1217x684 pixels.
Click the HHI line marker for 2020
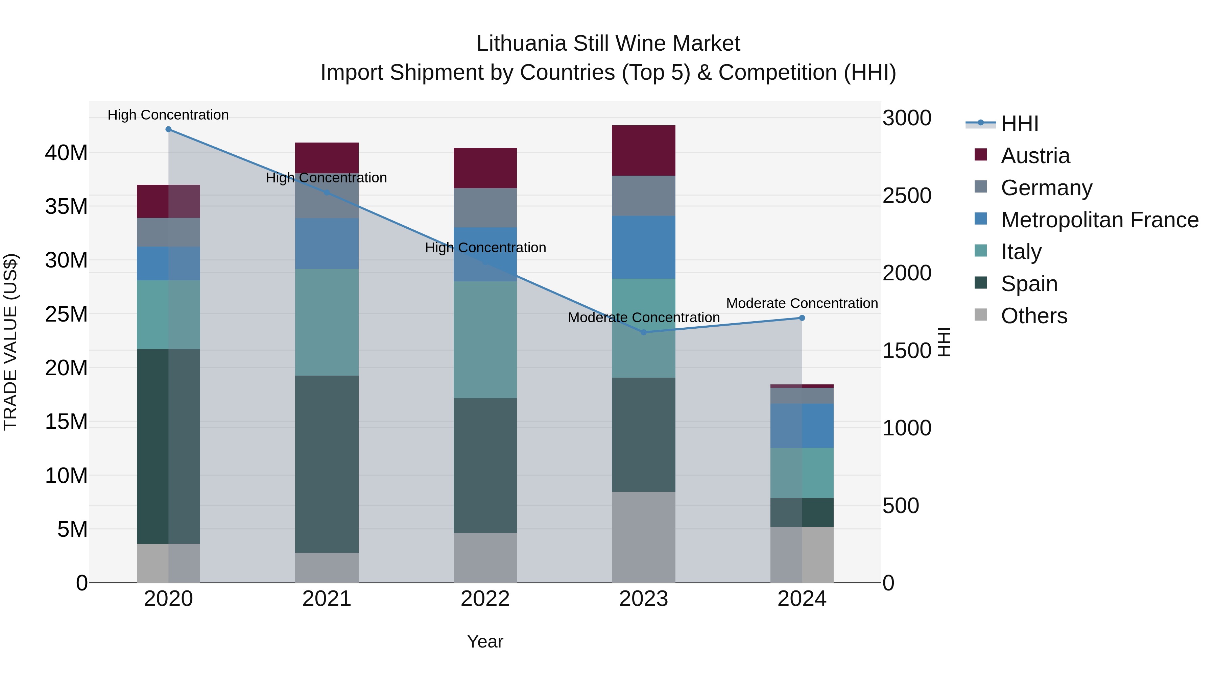click(168, 129)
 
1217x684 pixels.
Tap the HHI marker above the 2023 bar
click(643, 332)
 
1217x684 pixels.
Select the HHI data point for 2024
click(802, 318)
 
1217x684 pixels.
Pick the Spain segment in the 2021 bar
click(327, 464)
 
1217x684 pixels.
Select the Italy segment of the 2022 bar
click(485, 340)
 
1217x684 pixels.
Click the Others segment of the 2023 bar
click(643, 537)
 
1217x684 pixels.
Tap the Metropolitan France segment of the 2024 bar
click(802, 426)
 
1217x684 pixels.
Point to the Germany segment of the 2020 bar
click(168, 232)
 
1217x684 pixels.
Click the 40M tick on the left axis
click(66, 153)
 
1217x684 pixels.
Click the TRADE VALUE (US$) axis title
click(11, 342)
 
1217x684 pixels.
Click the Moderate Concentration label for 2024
click(802, 304)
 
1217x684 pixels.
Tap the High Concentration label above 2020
click(168, 115)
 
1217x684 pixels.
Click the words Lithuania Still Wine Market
click(608, 44)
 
